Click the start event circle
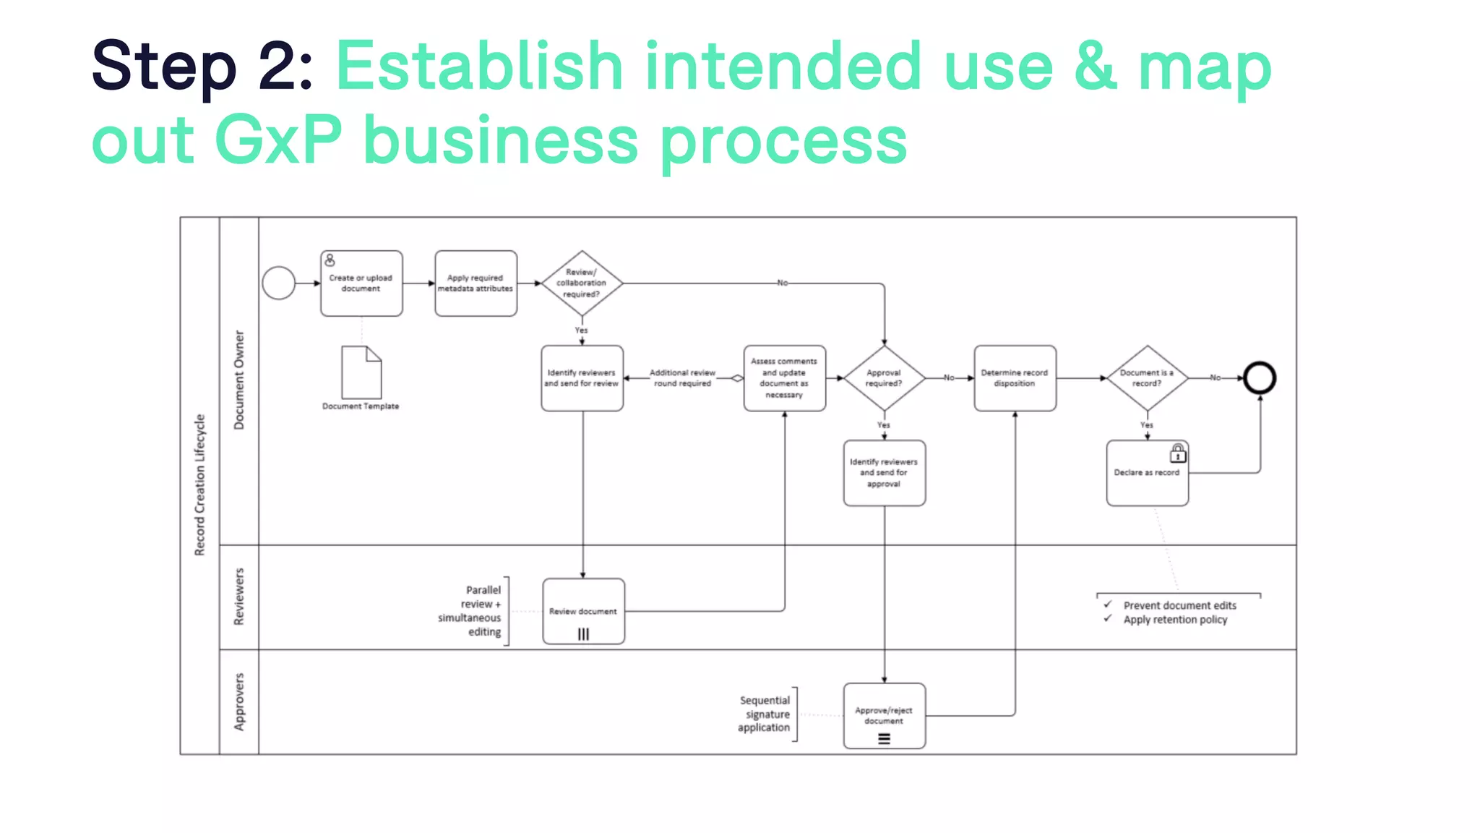coord(278,283)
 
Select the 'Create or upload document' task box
coord(361,283)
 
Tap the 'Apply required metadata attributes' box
coord(476,283)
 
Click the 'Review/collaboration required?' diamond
coord(582,283)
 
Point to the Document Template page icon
coord(361,372)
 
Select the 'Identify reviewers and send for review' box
coord(582,378)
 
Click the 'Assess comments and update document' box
coord(784,378)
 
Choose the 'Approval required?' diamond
coord(884,378)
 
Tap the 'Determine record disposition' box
coord(1015,378)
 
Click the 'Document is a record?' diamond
coord(1147,378)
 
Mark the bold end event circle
coord(1260,378)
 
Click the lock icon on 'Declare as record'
coord(1178,453)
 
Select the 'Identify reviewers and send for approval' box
coord(884,473)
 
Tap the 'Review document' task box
coord(583,612)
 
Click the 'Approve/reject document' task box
coord(884,716)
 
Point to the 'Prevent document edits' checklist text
coord(1179,605)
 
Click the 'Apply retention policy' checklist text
coord(1175,620)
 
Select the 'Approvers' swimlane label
coord(239,701)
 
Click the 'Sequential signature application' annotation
coord(765,714)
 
